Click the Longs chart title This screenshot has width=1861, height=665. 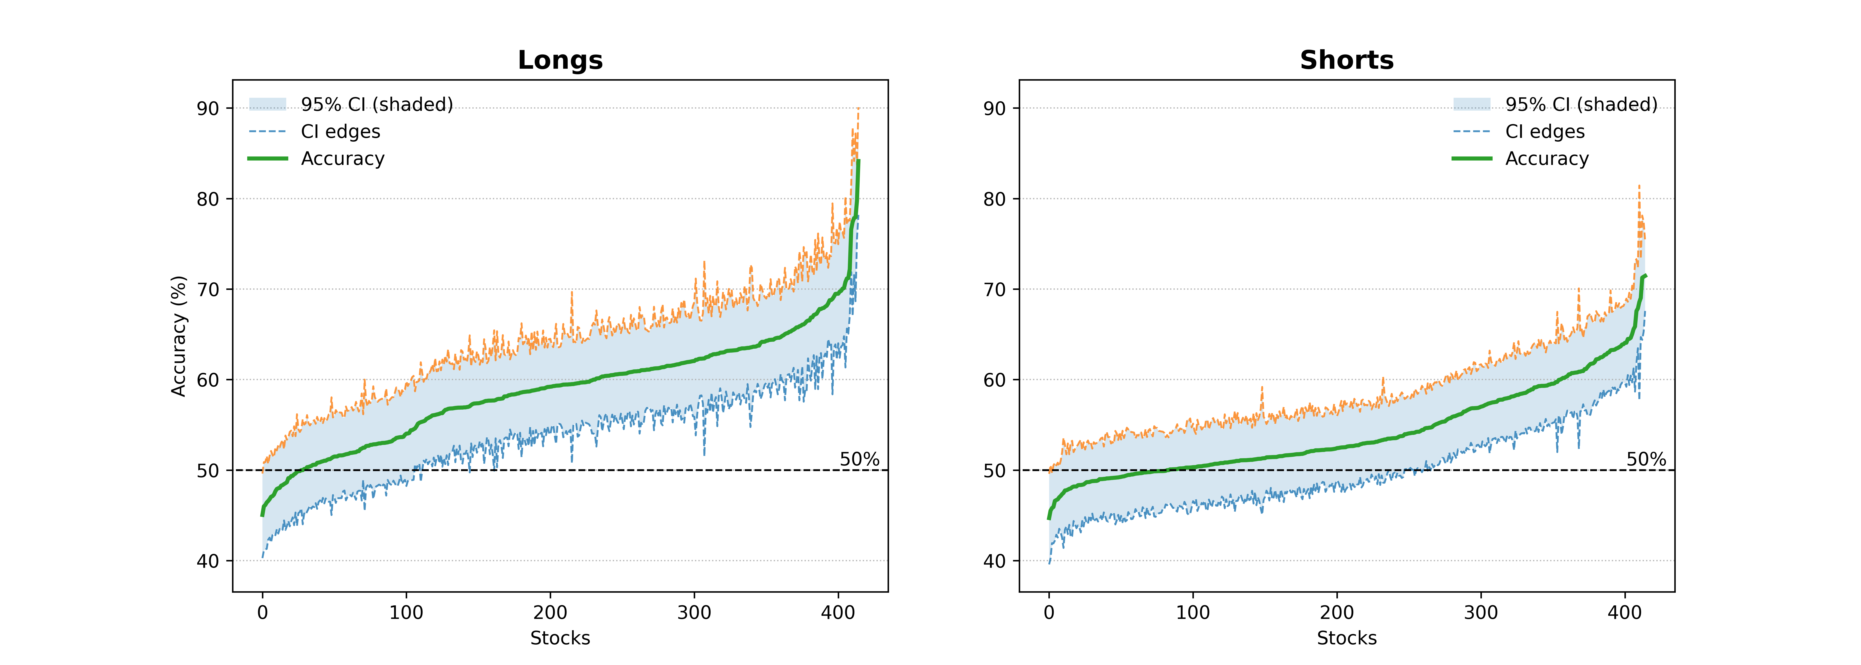click(560, 60)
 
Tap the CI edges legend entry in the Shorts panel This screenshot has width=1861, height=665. click(1545, 131)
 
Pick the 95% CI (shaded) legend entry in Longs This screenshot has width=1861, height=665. click(376, 105)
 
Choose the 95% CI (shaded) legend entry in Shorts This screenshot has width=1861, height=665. click(1581, 105)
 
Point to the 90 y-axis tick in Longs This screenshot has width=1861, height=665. click(208, 108)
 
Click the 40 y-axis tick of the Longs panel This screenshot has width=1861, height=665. click(208, 561)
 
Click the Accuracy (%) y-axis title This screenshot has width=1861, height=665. click(178, 336)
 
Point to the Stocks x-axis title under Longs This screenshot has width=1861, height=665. click(560, 638)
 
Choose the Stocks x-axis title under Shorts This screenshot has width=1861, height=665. click(1347, 638)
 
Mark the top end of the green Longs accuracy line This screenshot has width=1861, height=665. click(858, 161)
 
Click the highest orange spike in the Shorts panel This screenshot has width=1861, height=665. click(1639, 186)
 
